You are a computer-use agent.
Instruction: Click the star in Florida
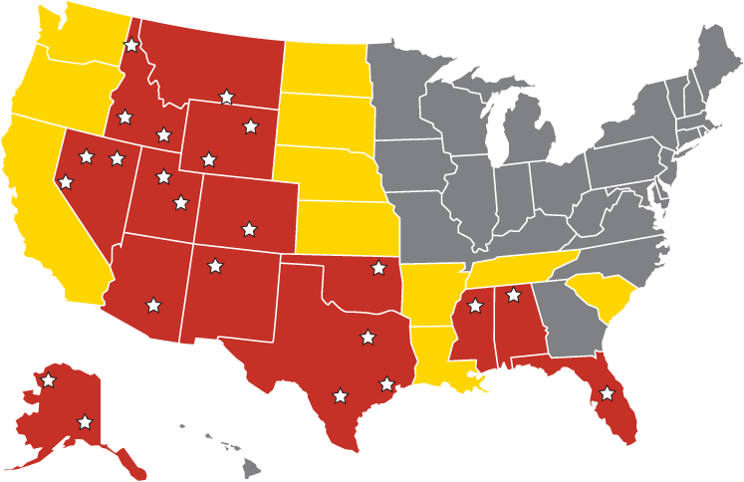point(607,394)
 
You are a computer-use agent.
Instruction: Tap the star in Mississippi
point(475,306)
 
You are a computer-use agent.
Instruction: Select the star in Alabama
point(513,295)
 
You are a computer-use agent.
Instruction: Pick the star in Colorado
point(248,229)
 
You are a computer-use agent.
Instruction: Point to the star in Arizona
point(153,305)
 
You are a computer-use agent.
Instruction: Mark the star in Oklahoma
point(377,267)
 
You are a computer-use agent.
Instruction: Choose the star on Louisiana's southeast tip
point(484,383)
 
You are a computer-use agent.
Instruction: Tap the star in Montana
point(226,97)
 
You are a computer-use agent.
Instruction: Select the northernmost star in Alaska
point(48,379)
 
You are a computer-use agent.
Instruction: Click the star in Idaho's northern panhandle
point(131,45)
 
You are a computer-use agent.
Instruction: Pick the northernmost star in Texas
point(369,337)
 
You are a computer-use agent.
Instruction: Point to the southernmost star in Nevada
point(66,182)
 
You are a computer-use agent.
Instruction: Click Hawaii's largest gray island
point(251,464)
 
